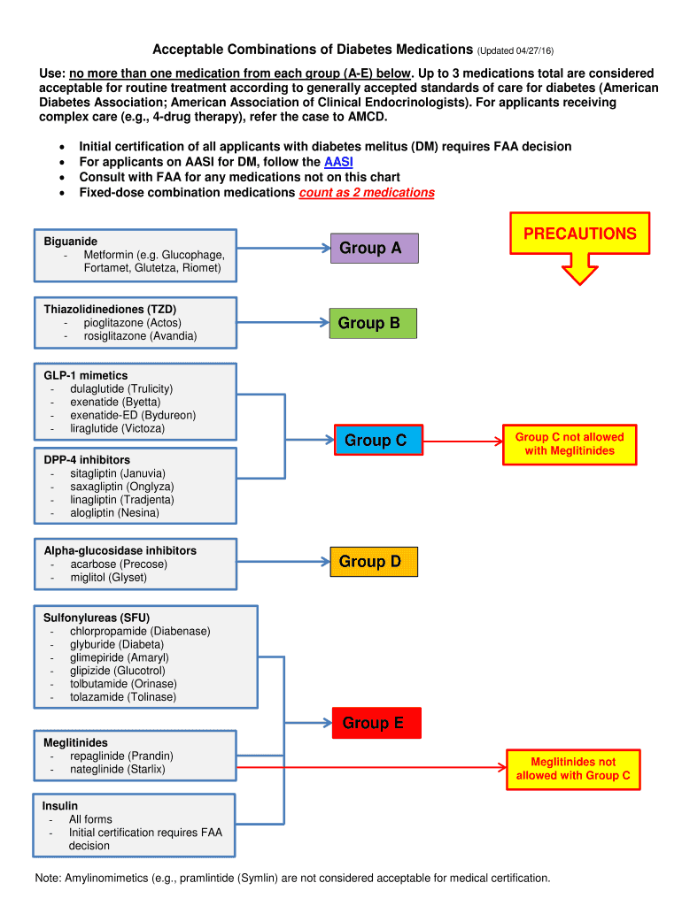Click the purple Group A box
pyautogui.click(x=373, y=249)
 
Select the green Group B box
pyautogui.click(x=372, y=324)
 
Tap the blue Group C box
pyautogui.click(x=377, y=441)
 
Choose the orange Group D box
pyautogui.click(x=372, y=562)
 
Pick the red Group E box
pyautogui.click(x=376, y=724)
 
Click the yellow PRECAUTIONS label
pyautogui.click(x=579, y=234)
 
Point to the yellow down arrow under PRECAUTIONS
pyautogui.click(x=580, y=269)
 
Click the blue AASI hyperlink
pyautogui.click(x=338, y=162)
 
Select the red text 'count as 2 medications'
pyautogui.click(x=367, y=193)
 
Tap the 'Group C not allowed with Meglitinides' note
pyautogui.click(x=569, y=444)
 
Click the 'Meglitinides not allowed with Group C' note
pyautogui.click(x=573, y=769)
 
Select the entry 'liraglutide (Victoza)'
pyautogui.click(x=118, y=429)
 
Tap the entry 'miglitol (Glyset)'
pyautogui.click(x=109, y=578)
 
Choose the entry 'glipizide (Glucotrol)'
pyautogui.click(x=118, y=671)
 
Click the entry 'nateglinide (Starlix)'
pyautogui.click(x=118, y=770)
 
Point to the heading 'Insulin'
pyautogui.click(x=60, y=806)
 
